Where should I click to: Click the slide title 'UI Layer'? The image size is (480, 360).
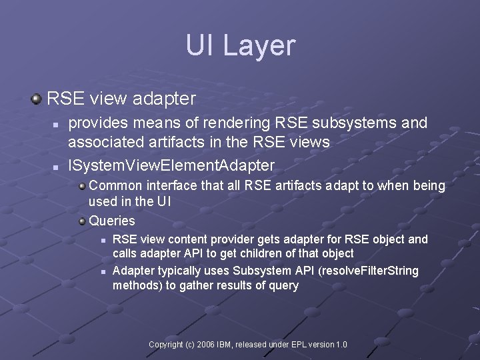click(240, 45)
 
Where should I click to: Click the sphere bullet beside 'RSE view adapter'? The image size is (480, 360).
click(36, 99)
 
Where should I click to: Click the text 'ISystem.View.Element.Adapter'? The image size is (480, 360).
click(171, 164)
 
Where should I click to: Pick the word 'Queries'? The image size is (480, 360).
click(112, 221)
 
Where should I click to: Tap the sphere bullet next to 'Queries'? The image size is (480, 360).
click(81, 221)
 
